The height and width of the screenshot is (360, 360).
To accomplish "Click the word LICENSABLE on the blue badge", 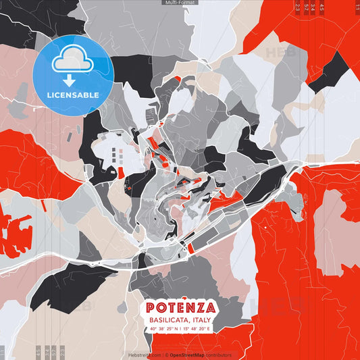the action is pyautogui.click(x=73, y=95).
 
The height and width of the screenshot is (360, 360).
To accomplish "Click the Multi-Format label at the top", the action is pyautogui.click(x=180, y=3).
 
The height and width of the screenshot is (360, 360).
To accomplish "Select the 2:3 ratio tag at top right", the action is pyautogui.click(x=298, y=7).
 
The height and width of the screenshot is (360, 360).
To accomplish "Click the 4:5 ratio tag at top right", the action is pyautogui.click(x=322, y=7).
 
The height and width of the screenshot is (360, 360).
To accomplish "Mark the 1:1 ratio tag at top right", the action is pyautogui.click(x=357, y=7).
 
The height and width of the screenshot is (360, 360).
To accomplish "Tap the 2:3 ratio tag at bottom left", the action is pyautogui.click(x=61, y=352).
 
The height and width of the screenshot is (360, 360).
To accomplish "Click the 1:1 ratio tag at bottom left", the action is pyautogui.click(x=3, y=352).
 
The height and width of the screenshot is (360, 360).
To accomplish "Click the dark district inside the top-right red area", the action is pyautogui.click(x=330, y=70).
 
